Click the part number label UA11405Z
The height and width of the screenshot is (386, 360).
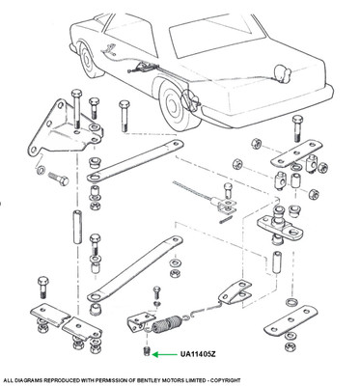(198, 354)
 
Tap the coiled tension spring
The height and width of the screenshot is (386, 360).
(166, 324)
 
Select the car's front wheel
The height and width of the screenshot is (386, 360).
(88, 60)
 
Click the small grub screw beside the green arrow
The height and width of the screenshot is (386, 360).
(147, 351)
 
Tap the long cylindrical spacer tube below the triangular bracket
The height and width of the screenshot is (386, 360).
(77, 227)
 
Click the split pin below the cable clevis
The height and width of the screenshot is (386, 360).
(226, 222)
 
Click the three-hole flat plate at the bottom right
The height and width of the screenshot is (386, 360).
(291, 321)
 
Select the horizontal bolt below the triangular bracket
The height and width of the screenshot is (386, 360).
(59, 179)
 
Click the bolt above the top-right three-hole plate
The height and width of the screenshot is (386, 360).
(296, 128)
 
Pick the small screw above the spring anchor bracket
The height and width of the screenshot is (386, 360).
(156, 292)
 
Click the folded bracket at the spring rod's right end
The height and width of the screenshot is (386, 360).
(235, 292)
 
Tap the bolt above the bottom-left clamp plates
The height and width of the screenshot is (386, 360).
(42, 288)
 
